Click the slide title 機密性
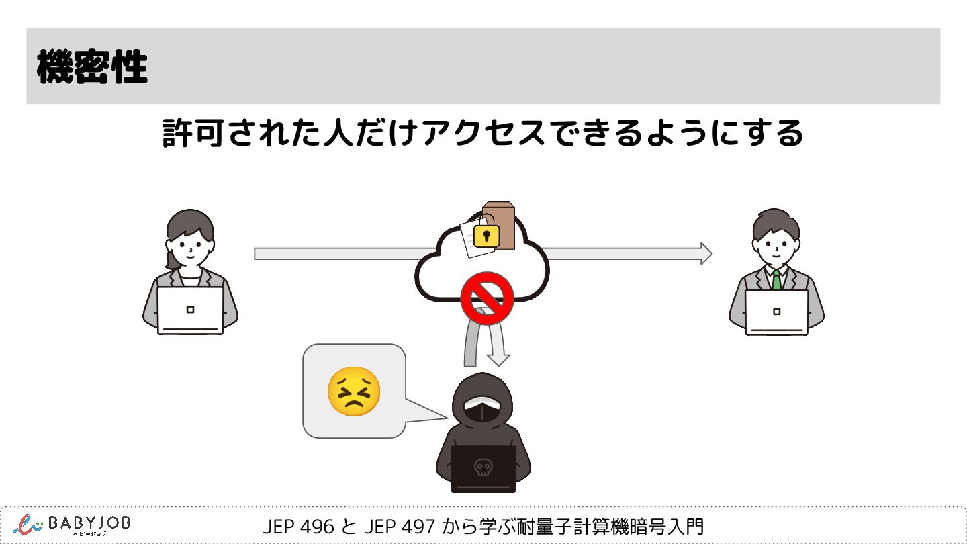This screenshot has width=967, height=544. tap(92, 67)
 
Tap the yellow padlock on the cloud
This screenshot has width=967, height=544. tap(486, 236)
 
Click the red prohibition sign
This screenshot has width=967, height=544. tap(488, 298)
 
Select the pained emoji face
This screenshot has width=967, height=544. tap(354, 391)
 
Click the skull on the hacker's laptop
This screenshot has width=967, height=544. tap(482, 467)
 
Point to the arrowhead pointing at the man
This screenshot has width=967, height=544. tap(705, 253)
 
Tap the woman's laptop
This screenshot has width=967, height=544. tap(190, 310)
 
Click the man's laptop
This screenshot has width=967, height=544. tap(777, 312)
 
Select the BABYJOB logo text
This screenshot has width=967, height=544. tap(89, 523)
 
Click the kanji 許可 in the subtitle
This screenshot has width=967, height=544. tap(193, 134)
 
